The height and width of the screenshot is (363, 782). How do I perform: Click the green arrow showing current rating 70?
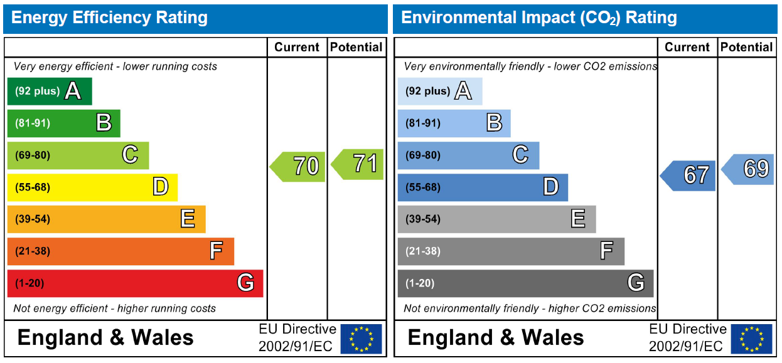coord(299,166)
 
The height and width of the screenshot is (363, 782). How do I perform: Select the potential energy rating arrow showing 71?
coord(359,164)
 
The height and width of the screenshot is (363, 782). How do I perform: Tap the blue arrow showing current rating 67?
coord(690,176)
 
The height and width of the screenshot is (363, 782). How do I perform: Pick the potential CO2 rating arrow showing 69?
coord(749,169)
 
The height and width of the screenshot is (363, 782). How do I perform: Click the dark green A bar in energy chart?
coord(50,92)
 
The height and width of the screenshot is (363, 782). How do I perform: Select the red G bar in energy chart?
coord(135,283)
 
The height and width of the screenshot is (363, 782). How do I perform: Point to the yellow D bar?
coord(92,187)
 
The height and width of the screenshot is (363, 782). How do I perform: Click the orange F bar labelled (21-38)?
coord(121,251)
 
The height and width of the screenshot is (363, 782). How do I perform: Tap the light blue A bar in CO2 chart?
coord(440,92)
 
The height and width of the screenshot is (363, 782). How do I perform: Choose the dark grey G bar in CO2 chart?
coord(525,283)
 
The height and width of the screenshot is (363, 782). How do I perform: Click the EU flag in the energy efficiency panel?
coord(361,339)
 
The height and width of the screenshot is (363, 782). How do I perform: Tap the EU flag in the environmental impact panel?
coord(751,339)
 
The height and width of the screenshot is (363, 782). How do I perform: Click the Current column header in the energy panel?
coord(297,47)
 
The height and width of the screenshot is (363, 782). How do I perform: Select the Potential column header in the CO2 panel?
coord(747,47)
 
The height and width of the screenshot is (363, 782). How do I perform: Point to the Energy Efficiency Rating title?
coord(110,18)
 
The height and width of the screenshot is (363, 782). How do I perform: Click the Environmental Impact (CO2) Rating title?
coord(539,18)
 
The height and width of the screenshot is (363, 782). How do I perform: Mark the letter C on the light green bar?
coord(130,154)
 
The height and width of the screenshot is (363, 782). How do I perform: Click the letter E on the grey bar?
coord(578,219)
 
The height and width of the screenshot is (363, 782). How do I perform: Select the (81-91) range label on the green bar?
coord(33,124)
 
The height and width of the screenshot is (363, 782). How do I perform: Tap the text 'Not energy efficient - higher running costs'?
coord(115,308)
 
